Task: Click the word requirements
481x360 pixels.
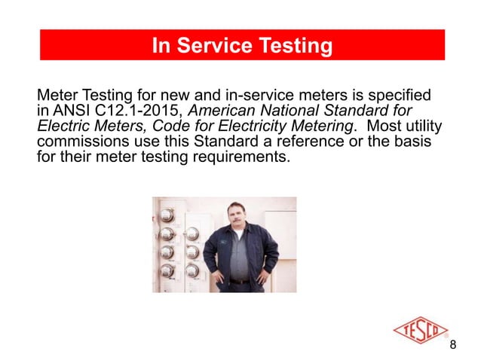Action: [x=231, y=158]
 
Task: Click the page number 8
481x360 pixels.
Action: [x=452, y=345]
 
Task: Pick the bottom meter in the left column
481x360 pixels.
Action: [x=168, y=269]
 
